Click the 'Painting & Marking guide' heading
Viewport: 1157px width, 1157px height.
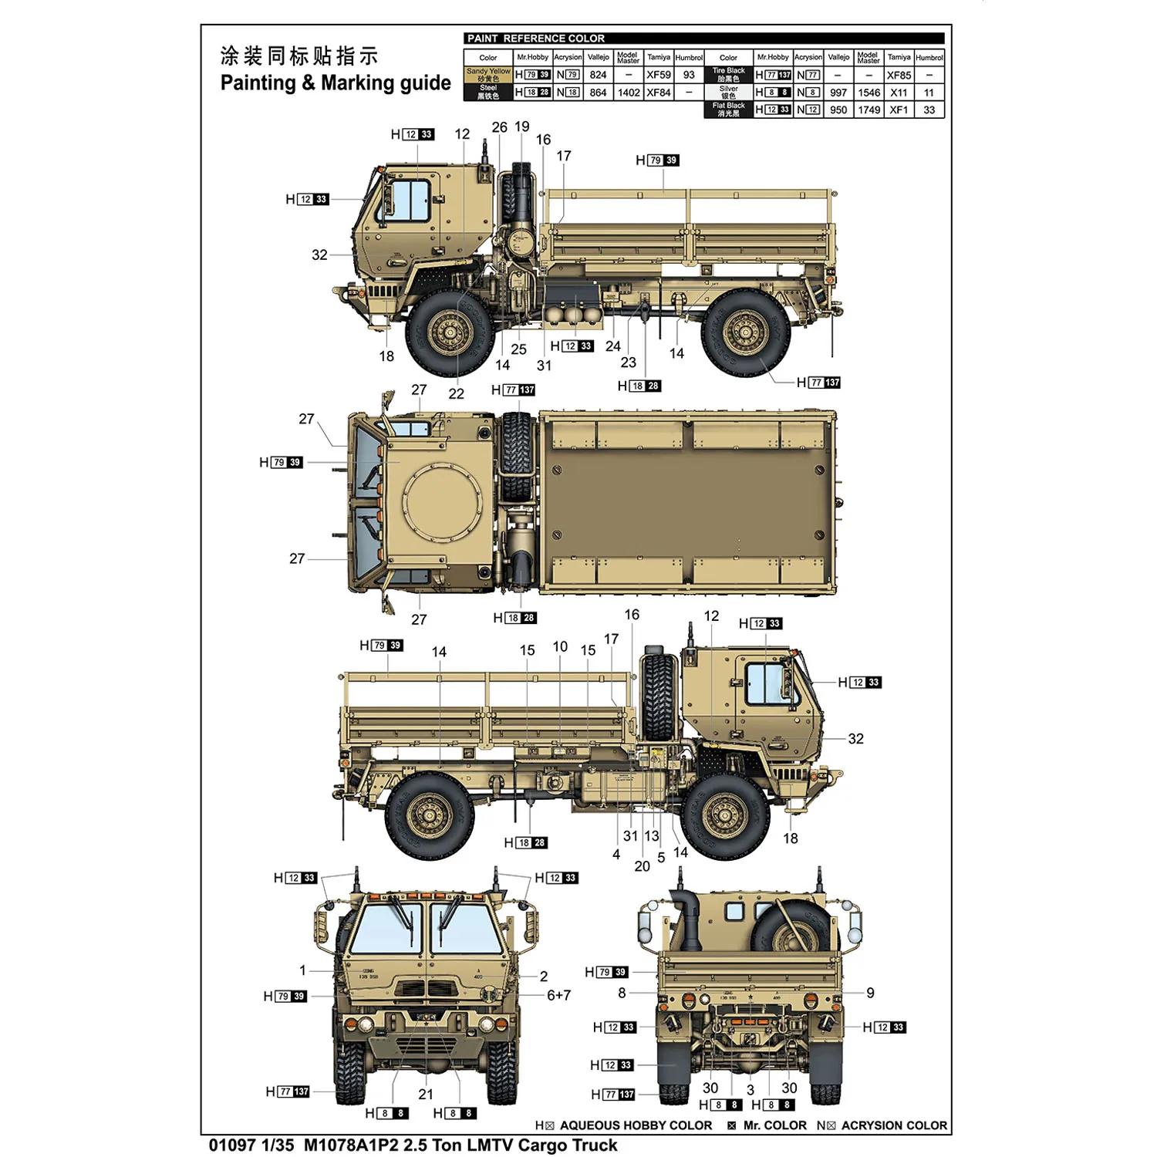pyautogui.click(x=336, y=83)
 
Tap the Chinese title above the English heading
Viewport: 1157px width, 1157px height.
pyautogui.click(x=299, y=56)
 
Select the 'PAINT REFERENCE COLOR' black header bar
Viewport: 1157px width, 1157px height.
pyautogui.click(x=703, y=39)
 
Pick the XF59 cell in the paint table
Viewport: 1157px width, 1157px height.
pyautogui.click(x=658, y=75)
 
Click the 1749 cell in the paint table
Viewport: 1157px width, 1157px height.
pyautogui.click(x=869, y=110)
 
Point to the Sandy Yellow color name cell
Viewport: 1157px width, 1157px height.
pyautogui.click(x=488, y=75)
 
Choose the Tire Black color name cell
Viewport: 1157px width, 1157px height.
pyautogui.click(x=728, y=75)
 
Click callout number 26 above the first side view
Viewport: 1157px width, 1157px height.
pyautogui.click(x=500, y=127)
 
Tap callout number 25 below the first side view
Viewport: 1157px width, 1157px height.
pyautogui.click(x=518, y=349)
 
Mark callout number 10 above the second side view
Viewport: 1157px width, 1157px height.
pyautogui.click(x=560, y=646)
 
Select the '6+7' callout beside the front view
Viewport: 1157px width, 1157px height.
pyautogui.click(x=558, y=995)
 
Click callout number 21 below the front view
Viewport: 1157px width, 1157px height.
pyautogui.click(x=426, y=1094)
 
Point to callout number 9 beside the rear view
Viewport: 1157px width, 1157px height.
pyautogui.click(x=870, y=993)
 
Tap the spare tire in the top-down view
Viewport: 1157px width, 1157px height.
pyautogui.click(x=517, y=455)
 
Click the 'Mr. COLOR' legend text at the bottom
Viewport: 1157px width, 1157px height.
pyautogui.click(x=774, y=1125)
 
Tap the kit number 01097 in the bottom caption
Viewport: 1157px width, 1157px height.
pyautogui.click(x=231, y=1145)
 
